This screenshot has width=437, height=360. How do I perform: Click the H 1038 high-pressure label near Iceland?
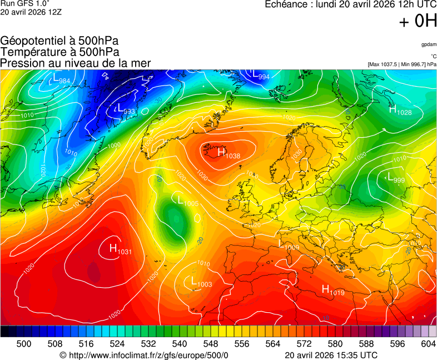[x=228, y=153]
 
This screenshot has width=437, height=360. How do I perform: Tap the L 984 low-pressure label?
[x=59, y=81]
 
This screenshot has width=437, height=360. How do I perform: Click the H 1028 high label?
[x=400, y=111]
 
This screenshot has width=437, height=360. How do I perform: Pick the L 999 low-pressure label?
[x=394, y=179]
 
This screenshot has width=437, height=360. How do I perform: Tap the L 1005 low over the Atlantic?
[x=187, y=201]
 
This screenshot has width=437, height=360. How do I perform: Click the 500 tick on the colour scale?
[x=24, y=344]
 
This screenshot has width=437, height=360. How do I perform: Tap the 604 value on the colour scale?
[x=428, y=344]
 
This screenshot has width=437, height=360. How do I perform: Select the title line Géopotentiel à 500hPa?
[x=59, y=41]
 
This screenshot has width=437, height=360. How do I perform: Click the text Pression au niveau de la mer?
[x=76, y=63]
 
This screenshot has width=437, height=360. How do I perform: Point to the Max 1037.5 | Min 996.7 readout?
[x=402, y=64]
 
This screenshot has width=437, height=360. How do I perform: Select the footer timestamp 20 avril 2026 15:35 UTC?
[x=331, y=355]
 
